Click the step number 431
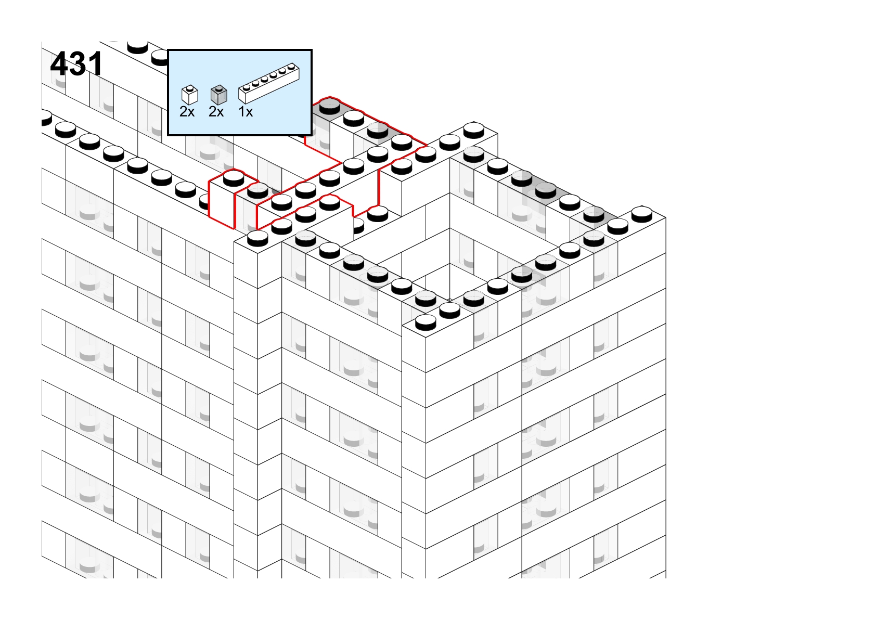click(x=76, y=64)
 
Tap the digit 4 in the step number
click(x=59, y=64)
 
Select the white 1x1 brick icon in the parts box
click(x=190, y=95)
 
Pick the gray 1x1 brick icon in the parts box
click(x=218, y=95)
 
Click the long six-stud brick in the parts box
click(x=269, y=83)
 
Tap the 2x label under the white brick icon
click(x=187, y=112)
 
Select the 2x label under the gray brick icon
click(x=216, y=112)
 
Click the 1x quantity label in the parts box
click(x=246, y=112)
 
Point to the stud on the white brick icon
click(x=190, y=88)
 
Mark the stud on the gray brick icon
click(x=218, y=88)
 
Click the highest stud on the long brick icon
click(x=291, y=67)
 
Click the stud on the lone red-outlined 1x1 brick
click(x=234, y=178)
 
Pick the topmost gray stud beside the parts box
click(x=330, y=106)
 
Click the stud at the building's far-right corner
click(x=642, y=214)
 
